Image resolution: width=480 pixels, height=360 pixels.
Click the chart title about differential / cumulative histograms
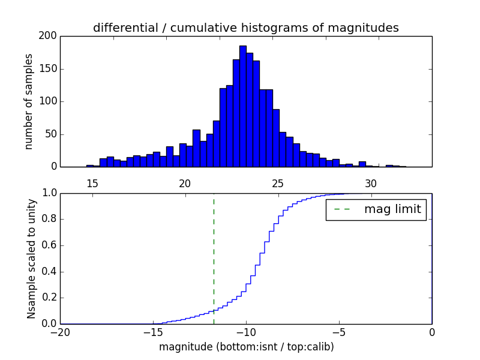pos(245,28)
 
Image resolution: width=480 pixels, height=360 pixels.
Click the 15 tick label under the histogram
pos(92,184)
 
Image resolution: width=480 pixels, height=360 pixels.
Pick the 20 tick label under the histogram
pos(185,184)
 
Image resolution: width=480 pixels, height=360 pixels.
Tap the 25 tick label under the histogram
pos(278,184)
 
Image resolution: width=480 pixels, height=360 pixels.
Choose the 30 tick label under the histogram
pos(371,184)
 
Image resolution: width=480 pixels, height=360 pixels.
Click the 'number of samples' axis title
pos(29,101)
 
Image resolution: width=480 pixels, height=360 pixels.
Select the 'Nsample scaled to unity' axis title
pos(31,258)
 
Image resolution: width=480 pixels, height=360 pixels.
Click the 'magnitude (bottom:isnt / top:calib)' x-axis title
pos(246,347)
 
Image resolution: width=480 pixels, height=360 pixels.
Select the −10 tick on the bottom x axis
pos(246,332)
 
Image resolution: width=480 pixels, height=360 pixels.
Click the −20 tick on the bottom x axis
pos(60,332)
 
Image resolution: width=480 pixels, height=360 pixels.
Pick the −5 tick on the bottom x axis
pos(339,332)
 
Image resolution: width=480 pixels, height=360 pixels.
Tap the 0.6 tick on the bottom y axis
pos(49,245)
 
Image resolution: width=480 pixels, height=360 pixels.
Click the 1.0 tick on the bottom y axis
pos(49,193)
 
